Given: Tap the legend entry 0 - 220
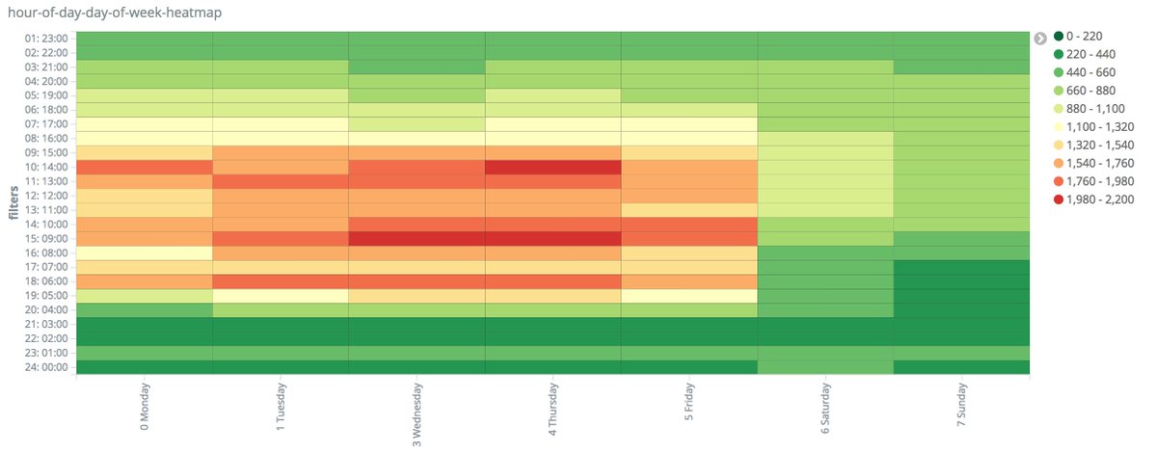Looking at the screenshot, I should pyautogui.click(x=1085, y=37).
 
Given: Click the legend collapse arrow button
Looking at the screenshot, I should pyautogui.click(x=1040, y=39).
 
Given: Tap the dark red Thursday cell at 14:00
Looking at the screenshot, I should pyautogui.click(x=553, y=167).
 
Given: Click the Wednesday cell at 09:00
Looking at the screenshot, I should pyautogui.click(x=417, y=238).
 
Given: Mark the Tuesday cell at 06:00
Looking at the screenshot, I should pyautogui.click(x=281, y=281).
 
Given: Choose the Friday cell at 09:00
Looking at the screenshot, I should pyautogui.click(x=689, y=238).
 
